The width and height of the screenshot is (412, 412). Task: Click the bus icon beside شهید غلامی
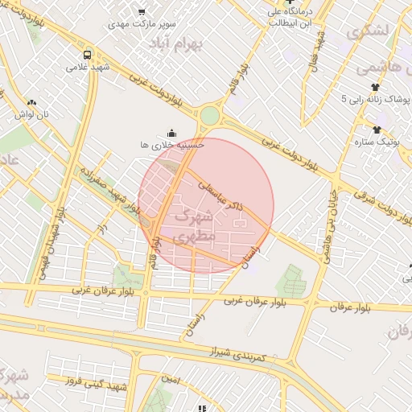click(x=87, y=56)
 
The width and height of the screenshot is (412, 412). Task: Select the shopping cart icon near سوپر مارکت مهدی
click(x=142, y=11)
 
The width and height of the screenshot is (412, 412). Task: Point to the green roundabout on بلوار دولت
click(x=209, y=116)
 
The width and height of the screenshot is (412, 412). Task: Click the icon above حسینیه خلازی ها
click(x=171, y=132)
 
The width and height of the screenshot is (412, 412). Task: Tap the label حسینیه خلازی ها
click(x=171, y=145)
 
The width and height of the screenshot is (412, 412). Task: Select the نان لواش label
click(x=35, y=115)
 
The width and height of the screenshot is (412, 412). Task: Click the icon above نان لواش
click(x=32, y=102)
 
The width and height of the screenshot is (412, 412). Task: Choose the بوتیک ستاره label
click(x=376, y=142)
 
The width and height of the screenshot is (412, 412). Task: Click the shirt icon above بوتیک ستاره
click(x=376, y=129)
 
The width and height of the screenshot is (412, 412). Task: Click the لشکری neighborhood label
click(x=368, y=33)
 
